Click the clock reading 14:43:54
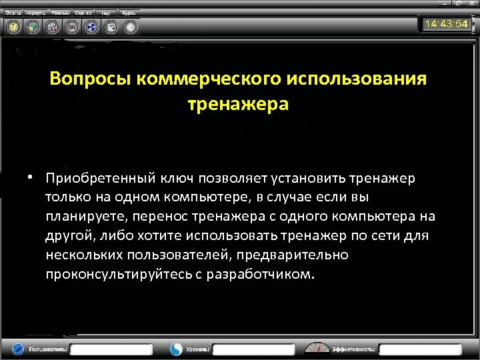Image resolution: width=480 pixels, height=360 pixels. point(445,24)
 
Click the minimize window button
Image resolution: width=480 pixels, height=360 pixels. point(442,3)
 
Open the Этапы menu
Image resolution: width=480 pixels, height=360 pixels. point(13,13)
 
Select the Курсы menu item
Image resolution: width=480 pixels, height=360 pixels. point(129,13)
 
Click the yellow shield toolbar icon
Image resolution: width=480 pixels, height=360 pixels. point(13,27)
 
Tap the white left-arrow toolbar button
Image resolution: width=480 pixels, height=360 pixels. point(131,27)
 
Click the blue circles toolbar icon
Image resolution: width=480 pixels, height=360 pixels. point(91,27)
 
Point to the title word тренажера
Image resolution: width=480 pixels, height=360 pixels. point(238,105)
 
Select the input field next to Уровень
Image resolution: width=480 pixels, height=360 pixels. point(253,349)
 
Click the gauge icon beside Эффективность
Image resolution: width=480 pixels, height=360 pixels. point(317,348)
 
